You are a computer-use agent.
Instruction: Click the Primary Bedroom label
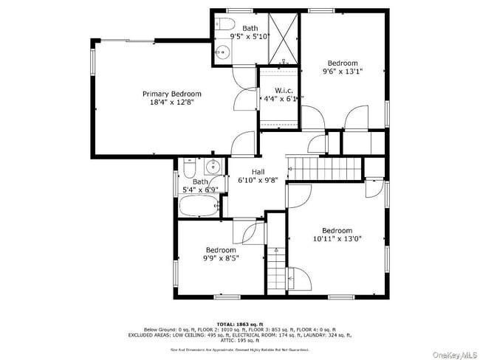pos(171,94)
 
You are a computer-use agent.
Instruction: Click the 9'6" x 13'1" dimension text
pos(343,72)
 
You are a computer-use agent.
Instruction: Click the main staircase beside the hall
pos(324,167)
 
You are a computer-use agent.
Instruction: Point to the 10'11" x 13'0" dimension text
pos(336,239)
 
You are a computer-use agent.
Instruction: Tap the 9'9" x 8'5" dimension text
pos(221,258)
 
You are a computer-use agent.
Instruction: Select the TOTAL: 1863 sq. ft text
pos(239,323)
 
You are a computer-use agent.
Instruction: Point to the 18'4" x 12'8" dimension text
pos(171,103)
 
